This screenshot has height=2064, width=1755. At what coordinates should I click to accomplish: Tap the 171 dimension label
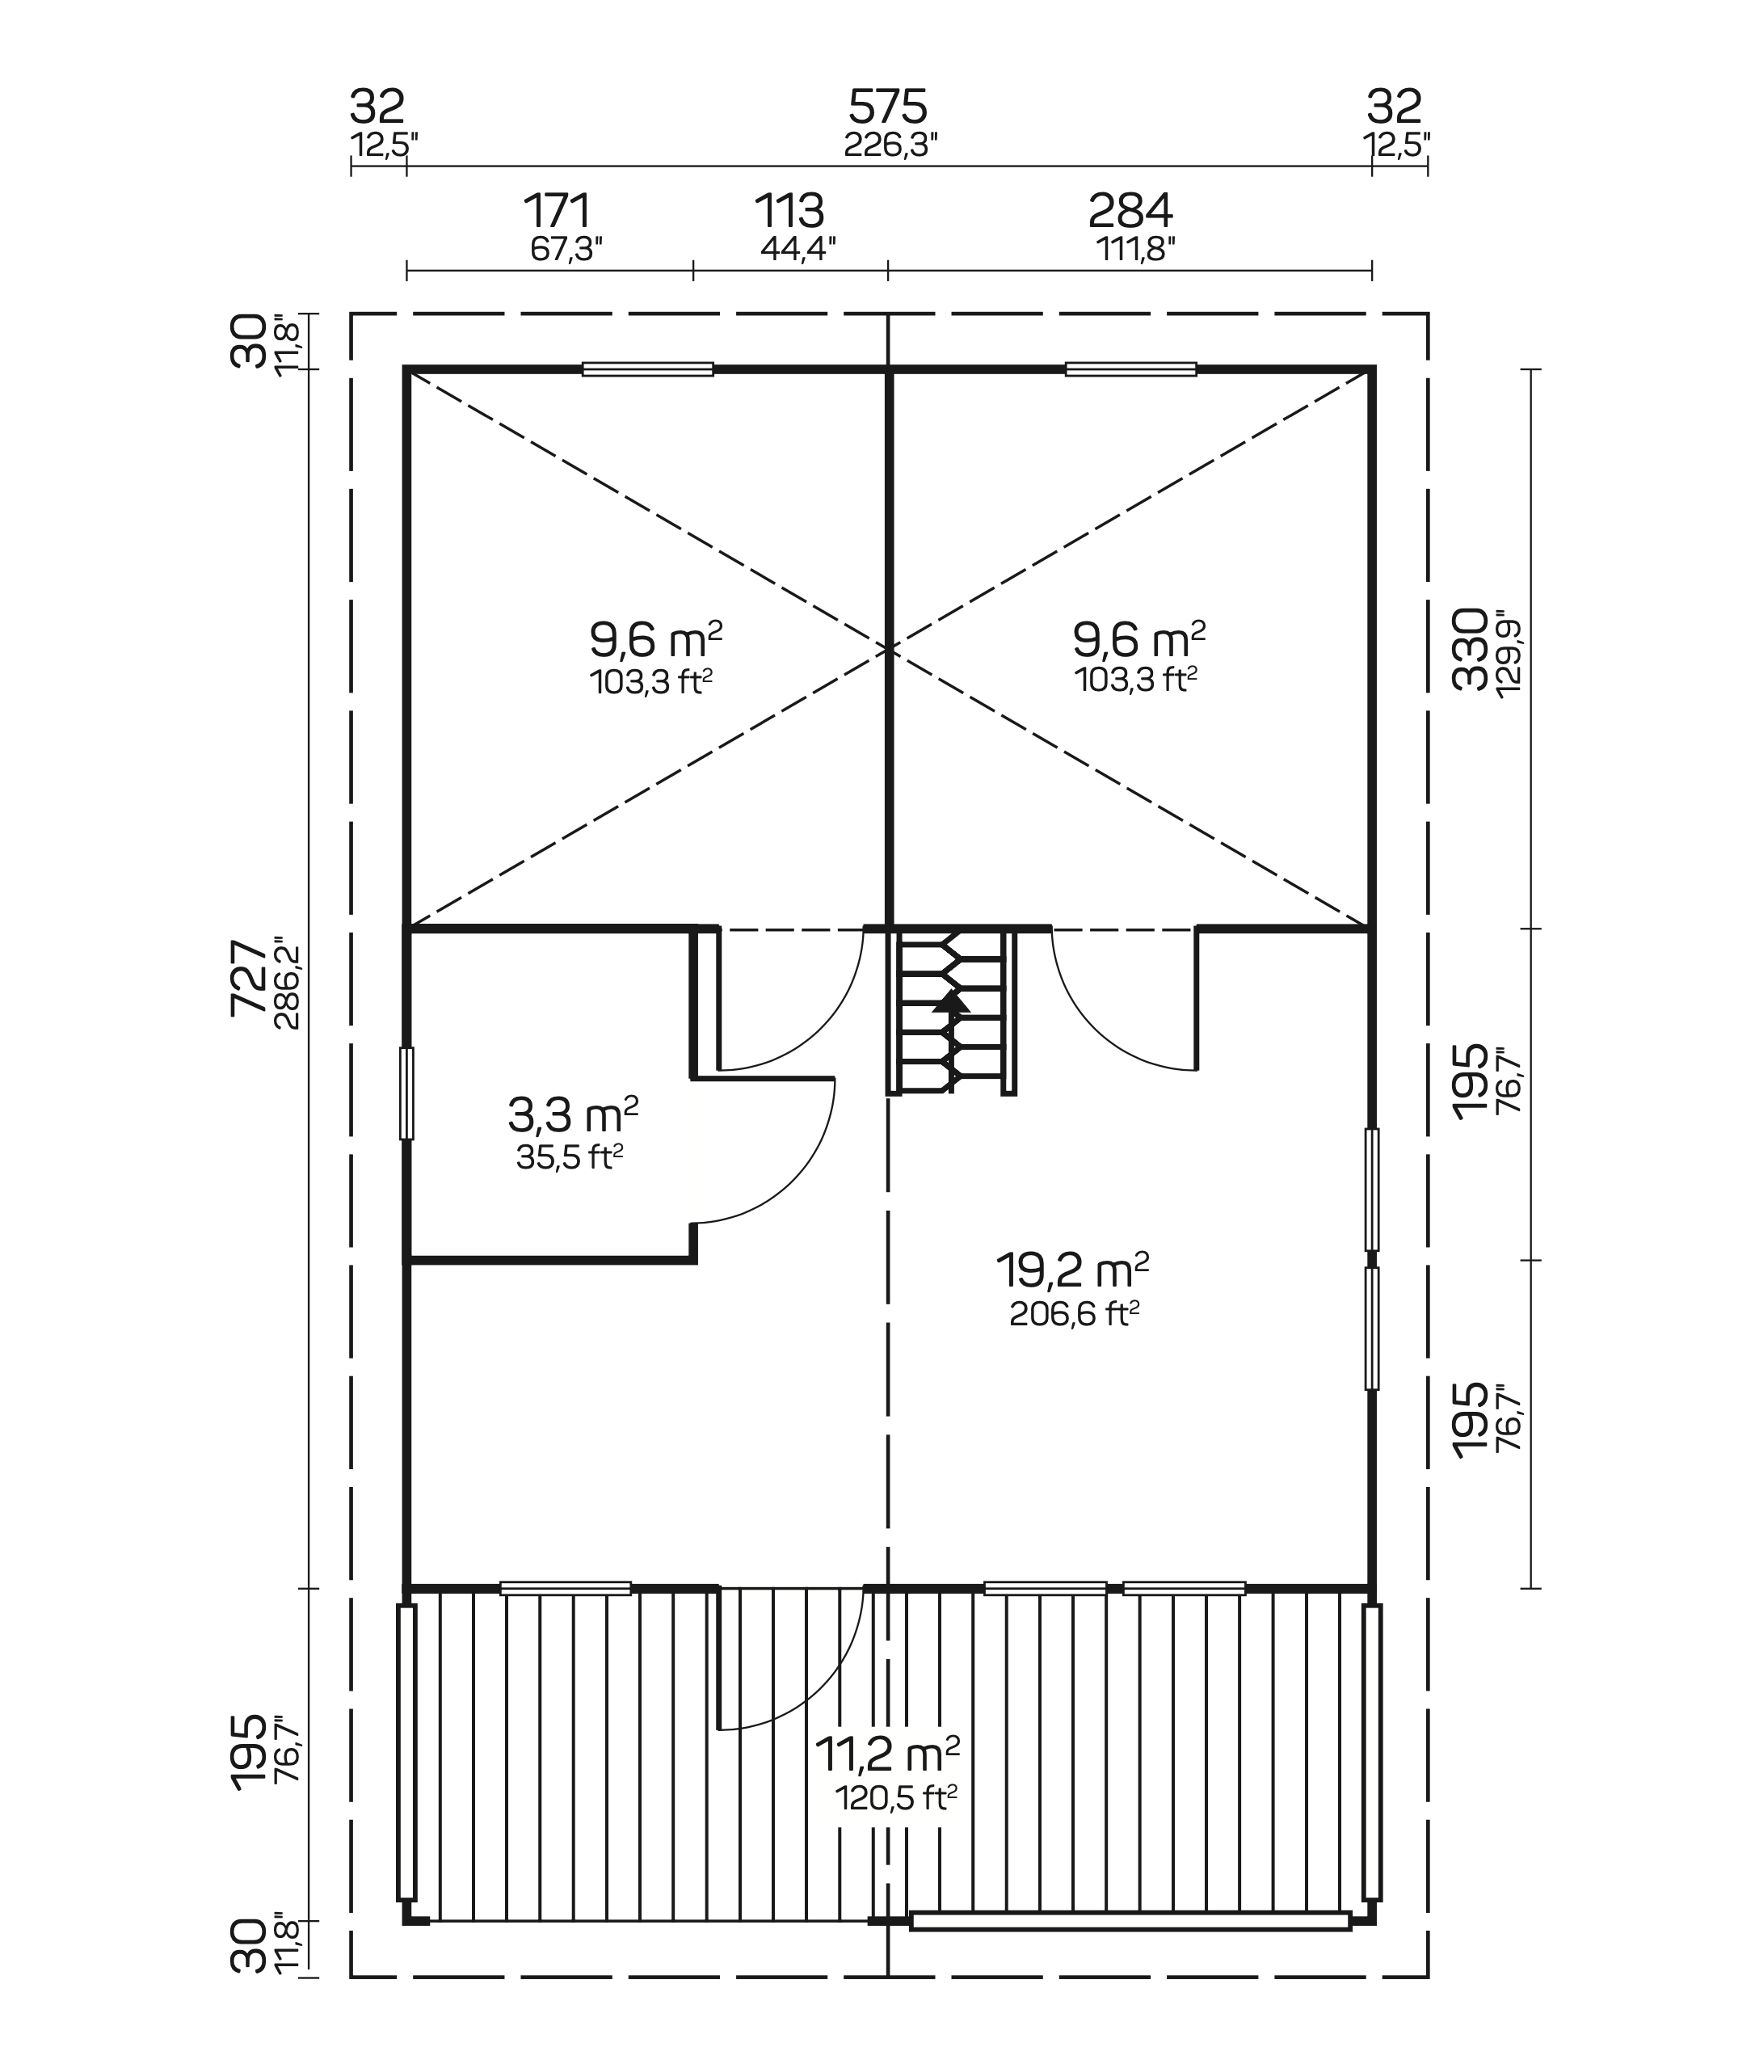pos(558,211)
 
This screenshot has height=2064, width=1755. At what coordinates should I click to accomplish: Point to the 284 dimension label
pos(1130,211)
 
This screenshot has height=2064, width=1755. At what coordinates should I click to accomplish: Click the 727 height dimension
pos(249,979)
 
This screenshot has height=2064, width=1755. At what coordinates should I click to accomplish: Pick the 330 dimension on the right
pos(1470,649)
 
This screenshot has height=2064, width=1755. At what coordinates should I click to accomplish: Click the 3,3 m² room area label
pos(573,1114)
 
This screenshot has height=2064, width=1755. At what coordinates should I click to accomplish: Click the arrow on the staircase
pos(951,1001)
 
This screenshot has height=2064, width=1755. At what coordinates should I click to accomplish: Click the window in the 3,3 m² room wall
pos(406,1093)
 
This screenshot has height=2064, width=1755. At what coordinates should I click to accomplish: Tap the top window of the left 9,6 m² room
pos(648,369)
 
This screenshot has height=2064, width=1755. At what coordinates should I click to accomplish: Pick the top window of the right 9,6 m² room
pos(1130,369)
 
